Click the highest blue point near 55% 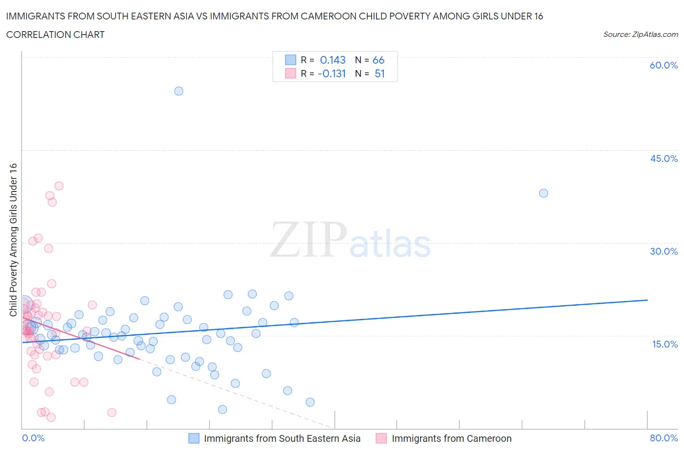point(179,91)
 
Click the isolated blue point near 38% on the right point(543,193)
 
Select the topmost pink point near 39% point(59,186)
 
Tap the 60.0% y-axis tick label point(664,65)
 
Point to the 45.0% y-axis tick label point(664,158)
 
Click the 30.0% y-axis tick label point(664,251)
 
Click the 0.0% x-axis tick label point(33,438)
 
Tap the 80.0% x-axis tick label point(664,438)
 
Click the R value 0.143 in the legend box point(333,60)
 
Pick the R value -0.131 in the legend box point(332,73)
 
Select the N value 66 point(378,60)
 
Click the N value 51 point(379,73)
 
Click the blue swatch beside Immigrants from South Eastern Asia point(194,438)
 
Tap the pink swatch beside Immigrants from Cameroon point(381,438)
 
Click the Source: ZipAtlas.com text point(640,34)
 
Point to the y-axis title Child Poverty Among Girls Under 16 point(13,240)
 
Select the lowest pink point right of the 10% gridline point(111,412)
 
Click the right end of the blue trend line point(647,300)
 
